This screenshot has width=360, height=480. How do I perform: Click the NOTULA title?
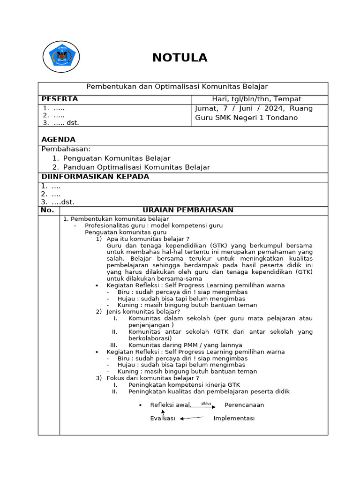pos(180,58)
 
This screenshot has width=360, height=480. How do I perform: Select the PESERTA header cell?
pos(60,99)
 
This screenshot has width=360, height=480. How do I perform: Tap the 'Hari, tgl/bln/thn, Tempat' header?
pos(256,99)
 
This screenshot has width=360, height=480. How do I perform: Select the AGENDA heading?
pos(58,140)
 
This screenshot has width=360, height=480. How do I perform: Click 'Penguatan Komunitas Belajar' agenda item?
pos(116,158)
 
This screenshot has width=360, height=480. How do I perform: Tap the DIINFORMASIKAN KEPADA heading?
pos(95,177)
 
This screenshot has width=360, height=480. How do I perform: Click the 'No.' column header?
pos(48,210)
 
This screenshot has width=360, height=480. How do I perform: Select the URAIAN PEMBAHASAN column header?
pos(187,210)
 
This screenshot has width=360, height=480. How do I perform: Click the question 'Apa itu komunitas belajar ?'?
pos(148,239)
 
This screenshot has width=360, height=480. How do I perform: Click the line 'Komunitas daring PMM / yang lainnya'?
pos(185,345)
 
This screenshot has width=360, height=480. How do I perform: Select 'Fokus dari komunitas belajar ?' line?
pos(153,378)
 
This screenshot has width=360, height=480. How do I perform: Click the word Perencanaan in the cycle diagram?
pos(244,405)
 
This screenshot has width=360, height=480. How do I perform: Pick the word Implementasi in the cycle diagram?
pos(234,418)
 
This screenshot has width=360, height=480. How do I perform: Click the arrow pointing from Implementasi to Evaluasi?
pos(192,418)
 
